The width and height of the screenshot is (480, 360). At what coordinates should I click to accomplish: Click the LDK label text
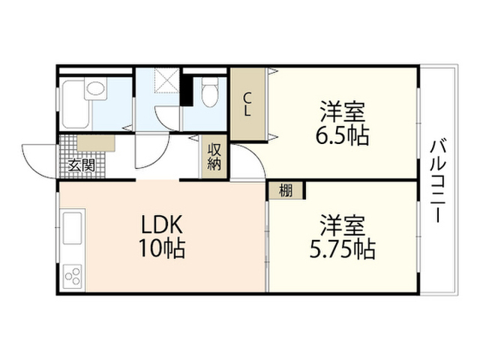[162, 225]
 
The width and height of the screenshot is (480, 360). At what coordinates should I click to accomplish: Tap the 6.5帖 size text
[342, 135]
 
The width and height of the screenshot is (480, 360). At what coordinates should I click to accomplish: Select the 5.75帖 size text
[343, 249]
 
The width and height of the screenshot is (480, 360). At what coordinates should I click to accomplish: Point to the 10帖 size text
[162, 248]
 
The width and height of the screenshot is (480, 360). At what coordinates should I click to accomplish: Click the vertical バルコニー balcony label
[438, 181]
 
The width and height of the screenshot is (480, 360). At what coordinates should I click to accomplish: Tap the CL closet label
[247, 105]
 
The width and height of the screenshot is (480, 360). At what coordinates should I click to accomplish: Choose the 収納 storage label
[214, 157]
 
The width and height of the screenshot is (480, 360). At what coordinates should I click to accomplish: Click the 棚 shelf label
[286, 190]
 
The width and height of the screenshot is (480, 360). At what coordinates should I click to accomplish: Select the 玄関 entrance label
[82, 166]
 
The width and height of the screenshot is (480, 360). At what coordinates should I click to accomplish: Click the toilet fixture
[210, 91]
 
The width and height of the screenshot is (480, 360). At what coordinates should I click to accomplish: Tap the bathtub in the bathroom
[76, 104]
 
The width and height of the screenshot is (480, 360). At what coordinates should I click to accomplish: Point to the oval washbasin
[95, 88]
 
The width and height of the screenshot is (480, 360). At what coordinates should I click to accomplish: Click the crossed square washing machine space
[166, 80]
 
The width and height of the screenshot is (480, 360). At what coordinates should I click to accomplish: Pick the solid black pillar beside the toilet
[187, 90]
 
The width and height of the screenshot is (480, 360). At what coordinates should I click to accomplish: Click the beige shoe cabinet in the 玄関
[96, 143]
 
